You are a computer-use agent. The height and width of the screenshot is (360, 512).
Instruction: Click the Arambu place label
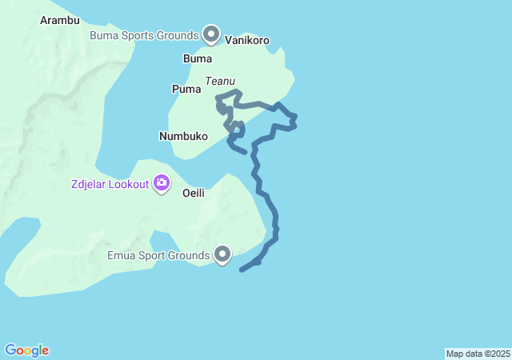59,20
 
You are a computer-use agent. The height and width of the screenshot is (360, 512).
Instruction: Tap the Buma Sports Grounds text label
144,36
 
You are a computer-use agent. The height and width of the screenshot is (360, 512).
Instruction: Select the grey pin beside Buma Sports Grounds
211,34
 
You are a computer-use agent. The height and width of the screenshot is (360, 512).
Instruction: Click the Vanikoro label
247,40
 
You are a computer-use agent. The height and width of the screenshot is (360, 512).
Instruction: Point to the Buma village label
198,59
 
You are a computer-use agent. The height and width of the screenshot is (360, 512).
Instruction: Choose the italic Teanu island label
219,81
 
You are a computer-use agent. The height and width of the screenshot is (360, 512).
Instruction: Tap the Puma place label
186,89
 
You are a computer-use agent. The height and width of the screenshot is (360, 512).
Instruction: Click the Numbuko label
183,136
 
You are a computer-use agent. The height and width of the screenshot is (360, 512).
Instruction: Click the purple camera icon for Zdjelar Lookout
162,184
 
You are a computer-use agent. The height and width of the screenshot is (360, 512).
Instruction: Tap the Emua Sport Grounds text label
158,257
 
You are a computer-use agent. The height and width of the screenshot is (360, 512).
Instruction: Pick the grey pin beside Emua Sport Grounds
222,254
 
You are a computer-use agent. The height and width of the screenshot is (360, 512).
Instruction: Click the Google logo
26,350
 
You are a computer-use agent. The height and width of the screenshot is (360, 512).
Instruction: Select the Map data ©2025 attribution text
478,354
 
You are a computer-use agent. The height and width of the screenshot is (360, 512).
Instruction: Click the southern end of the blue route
242,270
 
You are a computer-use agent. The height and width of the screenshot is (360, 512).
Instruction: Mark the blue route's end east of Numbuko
244,151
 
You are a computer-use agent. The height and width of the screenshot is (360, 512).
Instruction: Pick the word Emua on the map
121,257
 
